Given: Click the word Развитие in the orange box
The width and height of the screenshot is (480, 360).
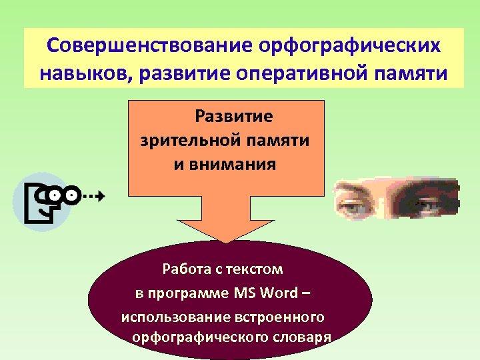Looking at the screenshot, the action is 233,117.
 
